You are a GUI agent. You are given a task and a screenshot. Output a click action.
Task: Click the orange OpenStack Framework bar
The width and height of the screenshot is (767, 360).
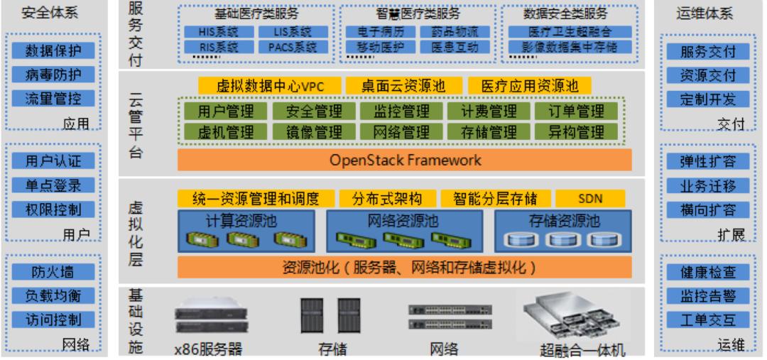coord(405,160)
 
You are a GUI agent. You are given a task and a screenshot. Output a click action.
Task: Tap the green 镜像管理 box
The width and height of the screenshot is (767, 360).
coord(314,131)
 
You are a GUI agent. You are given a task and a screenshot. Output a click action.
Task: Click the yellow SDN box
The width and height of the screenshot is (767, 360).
coord(589,197)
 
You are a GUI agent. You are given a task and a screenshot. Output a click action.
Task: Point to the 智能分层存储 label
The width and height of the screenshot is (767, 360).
coord(490,197)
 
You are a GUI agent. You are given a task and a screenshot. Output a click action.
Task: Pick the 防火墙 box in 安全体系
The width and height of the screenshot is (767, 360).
coord(53,271)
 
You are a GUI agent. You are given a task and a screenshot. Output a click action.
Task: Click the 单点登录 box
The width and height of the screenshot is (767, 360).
coord(53,186)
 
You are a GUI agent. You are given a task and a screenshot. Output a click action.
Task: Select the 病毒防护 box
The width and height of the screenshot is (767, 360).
coord(53,75)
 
